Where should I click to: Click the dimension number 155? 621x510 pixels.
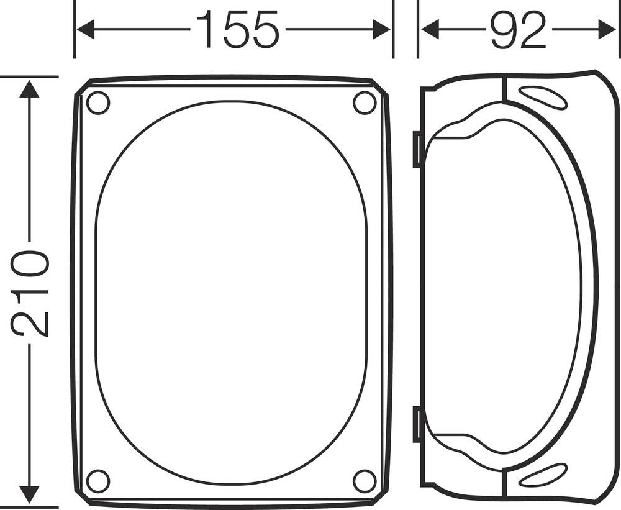click(x=237, y=30)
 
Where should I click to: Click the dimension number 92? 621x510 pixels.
click(x=517, y=30)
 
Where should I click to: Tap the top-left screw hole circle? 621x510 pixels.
click(x=97, y=102)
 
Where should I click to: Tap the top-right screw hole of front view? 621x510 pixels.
click(x=365, y=102)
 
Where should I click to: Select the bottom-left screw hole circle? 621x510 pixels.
click(x=97, y=481)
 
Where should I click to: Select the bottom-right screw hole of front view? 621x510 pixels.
click(x=365, y=481)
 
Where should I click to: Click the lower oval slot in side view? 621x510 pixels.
click(x=542, y=475)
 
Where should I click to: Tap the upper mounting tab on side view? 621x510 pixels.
click(x=417, y=150)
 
